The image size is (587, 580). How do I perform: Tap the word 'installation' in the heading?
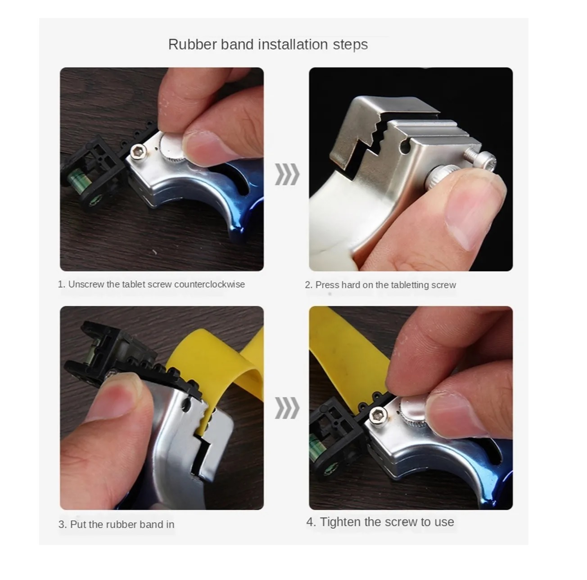coord(293,45)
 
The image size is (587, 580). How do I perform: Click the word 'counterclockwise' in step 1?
coord(210,284)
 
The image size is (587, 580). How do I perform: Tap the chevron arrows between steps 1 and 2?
coord(287,174)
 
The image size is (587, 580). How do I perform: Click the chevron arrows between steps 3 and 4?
coord(287,408)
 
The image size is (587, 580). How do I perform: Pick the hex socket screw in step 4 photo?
coord(378,416)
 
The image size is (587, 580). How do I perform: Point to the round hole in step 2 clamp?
coord(406,148)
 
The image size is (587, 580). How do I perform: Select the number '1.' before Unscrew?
coord(62,284)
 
